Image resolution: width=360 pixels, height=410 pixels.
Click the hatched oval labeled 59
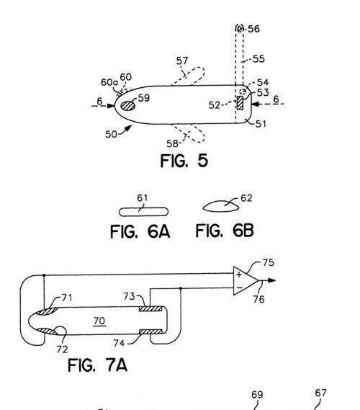(128, 105)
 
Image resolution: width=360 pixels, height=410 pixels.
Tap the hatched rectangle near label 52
(240, 102)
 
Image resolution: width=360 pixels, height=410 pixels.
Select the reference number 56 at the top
(253, 29)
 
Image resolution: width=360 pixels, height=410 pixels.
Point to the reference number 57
(182, 61)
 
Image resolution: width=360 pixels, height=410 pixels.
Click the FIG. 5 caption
(184, 160)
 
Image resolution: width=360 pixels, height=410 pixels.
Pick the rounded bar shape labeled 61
(143, 212)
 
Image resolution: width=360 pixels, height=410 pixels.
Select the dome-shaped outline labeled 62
(221, 206)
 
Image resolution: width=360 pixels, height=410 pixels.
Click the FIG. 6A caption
(140, 231)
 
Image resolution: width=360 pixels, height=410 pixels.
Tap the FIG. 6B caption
(225, 231)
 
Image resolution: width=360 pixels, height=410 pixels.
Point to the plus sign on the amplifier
(239, 275)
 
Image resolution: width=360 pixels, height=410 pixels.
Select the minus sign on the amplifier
(239, 288)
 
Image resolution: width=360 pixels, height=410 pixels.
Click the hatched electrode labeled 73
(150, 308)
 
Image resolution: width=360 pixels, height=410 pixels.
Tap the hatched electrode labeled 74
(150, 332)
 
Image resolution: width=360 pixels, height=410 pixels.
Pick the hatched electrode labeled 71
(46, 311)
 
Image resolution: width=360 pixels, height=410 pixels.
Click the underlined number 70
(99, 321)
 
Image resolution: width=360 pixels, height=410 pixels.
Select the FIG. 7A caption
(97, 365)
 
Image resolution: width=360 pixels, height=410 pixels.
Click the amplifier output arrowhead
(271, 280)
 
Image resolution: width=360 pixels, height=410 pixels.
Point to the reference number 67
(320, 393)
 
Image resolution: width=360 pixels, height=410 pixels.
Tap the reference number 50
(111, 134)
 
